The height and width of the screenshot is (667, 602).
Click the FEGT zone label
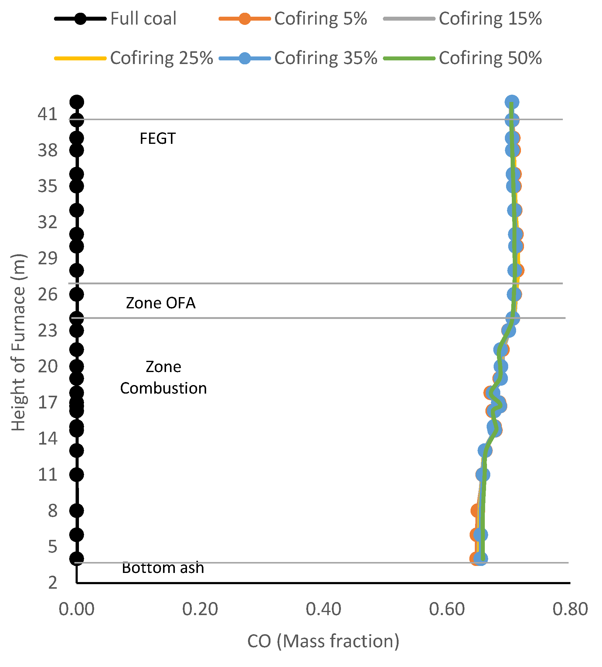158,139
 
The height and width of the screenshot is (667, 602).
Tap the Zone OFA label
161,303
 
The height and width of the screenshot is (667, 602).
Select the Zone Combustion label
163,377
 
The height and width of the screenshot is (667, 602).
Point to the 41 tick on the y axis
47,114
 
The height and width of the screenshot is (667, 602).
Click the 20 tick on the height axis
47,366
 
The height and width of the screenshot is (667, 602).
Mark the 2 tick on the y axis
52,583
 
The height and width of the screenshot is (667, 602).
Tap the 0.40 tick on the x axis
323,609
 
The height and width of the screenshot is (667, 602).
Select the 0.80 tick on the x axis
570,609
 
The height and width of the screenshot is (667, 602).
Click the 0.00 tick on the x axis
77,609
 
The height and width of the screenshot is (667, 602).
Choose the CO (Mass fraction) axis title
323,641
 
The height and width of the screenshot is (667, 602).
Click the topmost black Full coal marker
77,102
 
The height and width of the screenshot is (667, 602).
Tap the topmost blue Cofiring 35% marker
512,102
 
